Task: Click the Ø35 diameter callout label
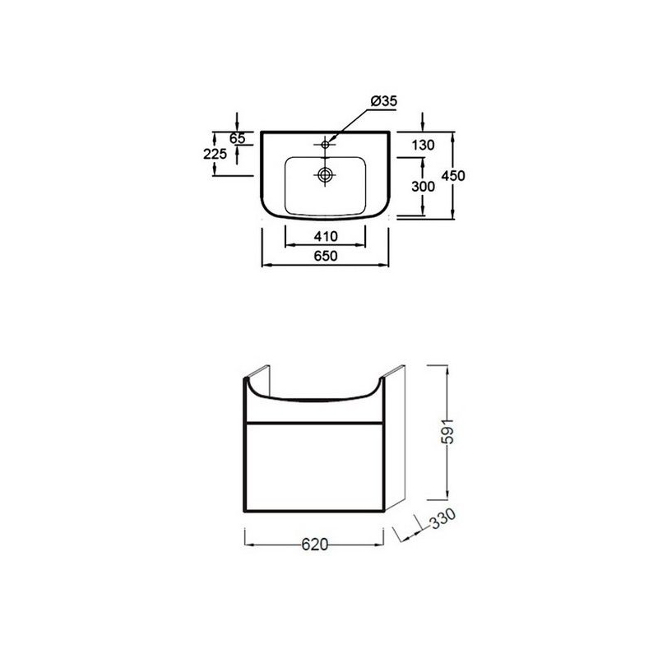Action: [x=383, y=101]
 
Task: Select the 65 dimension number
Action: [x=237, y=138]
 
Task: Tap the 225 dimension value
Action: [x=215, y=154]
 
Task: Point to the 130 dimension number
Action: [x=423, y=146]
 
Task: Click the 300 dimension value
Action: [x=423, y=186]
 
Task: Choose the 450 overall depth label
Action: [x=453, y=175]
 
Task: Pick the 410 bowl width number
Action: [x=326, y=237]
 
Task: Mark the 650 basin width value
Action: [x=325, y=256]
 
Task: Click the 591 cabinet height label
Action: [x=448, y=431]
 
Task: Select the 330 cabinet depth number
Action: [x=443, y=520]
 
